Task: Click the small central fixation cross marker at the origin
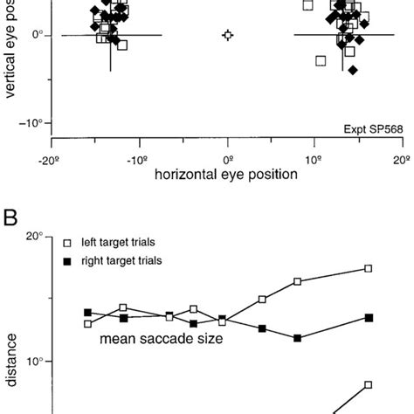coord(228,35)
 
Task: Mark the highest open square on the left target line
coord(369,268)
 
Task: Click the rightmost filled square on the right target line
coord(369,317)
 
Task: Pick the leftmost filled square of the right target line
coord(87,313)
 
